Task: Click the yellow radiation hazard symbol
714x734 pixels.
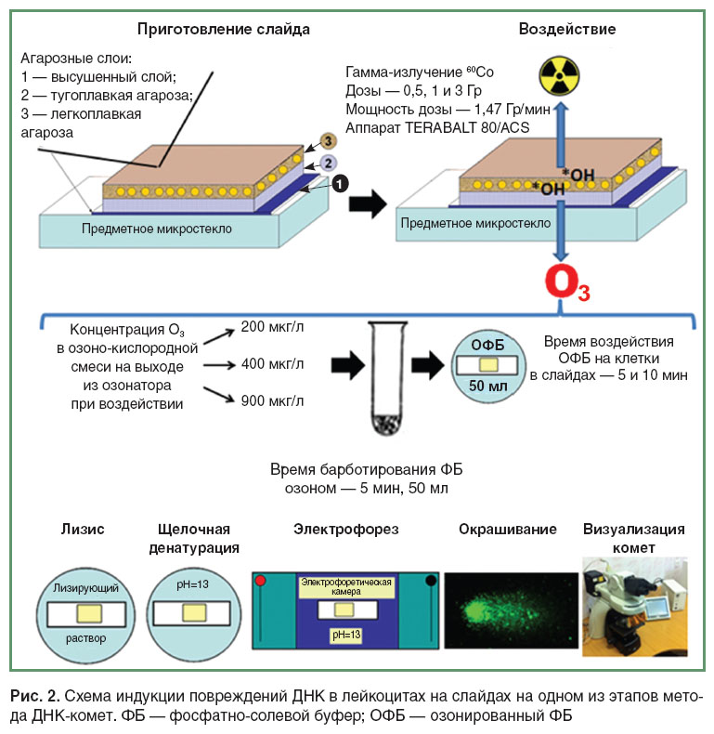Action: [559, 76]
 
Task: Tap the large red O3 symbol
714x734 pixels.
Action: [567, 282]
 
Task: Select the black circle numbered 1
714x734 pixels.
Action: [340, 183]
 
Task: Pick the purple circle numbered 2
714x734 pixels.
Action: [328, 163]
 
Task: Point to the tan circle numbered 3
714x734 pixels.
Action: [328, 141]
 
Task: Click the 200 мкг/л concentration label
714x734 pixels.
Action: [272, 327]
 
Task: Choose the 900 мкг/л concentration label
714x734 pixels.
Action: [272, 400]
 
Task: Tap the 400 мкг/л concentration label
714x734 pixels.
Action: [272, 363]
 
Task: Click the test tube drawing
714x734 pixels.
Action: [387, 378]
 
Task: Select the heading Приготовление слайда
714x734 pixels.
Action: [224, 30]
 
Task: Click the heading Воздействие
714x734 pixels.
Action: [567, 29]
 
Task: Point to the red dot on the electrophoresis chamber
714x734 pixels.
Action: [261, 581]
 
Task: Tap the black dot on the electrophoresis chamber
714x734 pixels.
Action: [431, 581]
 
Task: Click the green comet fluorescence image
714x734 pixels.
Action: [511, 610]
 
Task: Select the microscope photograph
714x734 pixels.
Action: [635, 607]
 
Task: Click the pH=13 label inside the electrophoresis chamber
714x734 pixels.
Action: [346, 635]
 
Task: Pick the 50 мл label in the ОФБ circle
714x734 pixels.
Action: [488, 386]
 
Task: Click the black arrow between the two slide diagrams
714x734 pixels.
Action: [368, 203]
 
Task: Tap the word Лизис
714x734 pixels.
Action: [83, 529]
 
